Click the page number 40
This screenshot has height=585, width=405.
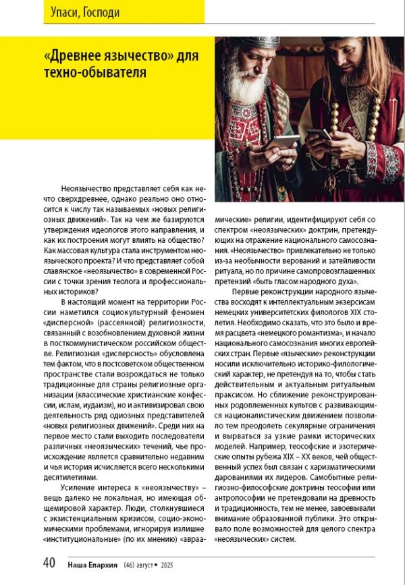click(49, 563)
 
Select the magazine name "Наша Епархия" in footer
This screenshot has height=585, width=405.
click(94, 564)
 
